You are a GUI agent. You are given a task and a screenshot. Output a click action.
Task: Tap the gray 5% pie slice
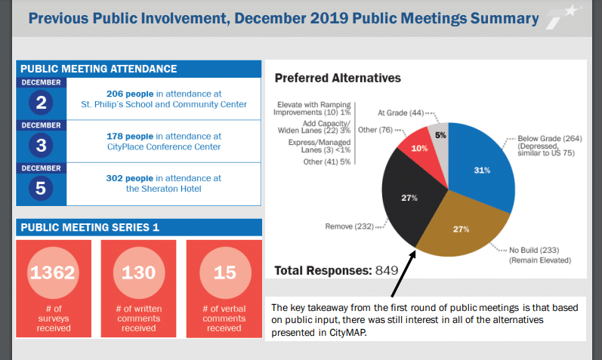(x=440, y=134)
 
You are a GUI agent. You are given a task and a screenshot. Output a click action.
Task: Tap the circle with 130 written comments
(x=138, y=272)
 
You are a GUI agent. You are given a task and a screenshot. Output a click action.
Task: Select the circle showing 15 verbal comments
(x=224, y=272)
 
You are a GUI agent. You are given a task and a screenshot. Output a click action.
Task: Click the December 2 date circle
(x=40, y=102)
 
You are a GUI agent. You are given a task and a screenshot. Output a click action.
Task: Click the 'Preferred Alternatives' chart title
(x=337, y=78)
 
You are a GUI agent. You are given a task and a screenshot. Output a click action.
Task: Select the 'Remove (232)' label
(x=350, y=226)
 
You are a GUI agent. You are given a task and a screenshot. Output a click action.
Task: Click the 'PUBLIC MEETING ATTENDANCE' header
(x=98, y=69)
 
